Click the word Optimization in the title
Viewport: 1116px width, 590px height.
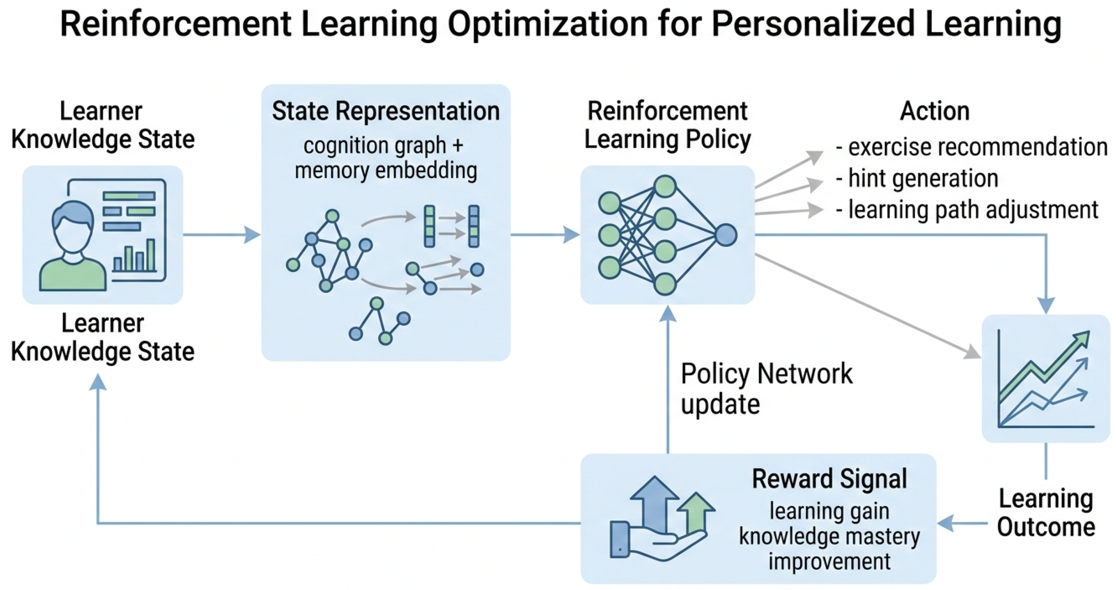coord(547,25)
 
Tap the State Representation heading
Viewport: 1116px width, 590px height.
coord(386,111)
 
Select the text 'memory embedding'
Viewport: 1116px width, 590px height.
coord(386,170)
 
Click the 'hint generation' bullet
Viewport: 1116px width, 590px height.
coord(923,178)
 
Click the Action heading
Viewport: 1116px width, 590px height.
coord(935,111)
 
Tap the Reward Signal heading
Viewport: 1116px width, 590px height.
coord(829,479)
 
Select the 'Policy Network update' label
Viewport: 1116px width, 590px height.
coord(766,389)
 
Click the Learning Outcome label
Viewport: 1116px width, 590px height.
coord(1046,513)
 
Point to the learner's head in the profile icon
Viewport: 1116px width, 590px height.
coord(72,225)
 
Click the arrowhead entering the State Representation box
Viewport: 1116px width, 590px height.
coord(253,235)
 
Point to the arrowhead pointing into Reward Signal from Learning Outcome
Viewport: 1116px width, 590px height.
coord(945,523)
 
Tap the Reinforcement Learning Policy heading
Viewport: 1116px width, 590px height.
coord(667,125)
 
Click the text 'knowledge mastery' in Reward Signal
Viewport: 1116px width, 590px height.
coord(829,537)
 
